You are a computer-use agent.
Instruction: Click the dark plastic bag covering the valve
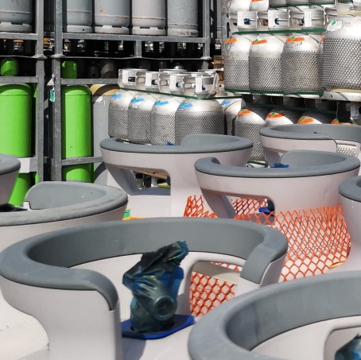[x=155, y=286]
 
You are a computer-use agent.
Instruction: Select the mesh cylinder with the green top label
[x=298, y=64]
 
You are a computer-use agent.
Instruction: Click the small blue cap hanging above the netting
[x=267, y=208]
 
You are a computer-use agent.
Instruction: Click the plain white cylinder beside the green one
[x=101, y=119]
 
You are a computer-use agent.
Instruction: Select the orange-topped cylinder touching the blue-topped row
[x=248, y=127]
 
